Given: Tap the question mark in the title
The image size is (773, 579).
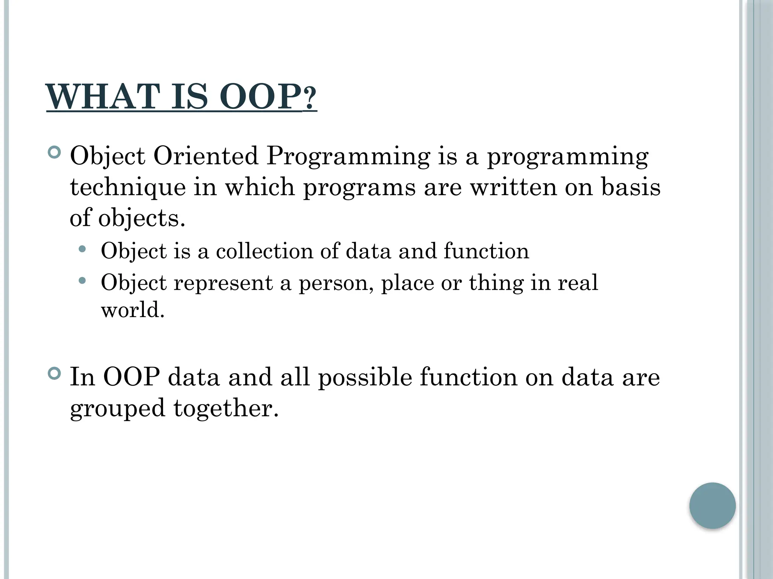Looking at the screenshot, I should (310, 99).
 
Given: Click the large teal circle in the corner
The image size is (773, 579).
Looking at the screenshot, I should (712, 505).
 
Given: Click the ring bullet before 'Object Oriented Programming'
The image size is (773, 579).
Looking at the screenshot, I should (55, 153).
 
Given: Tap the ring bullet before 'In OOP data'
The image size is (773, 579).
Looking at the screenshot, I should (55, 374).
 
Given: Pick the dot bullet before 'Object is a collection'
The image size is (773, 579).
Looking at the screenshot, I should (82, 249).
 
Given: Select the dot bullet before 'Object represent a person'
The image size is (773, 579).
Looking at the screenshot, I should (82, 280).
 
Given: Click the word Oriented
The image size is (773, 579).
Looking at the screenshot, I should (206, 156).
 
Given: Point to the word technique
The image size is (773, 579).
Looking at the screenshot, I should (128, 187).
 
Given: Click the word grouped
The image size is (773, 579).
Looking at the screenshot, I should (117, 409).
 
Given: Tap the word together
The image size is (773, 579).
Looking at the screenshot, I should (226, 409).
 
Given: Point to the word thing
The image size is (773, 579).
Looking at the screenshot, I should (496, 283).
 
